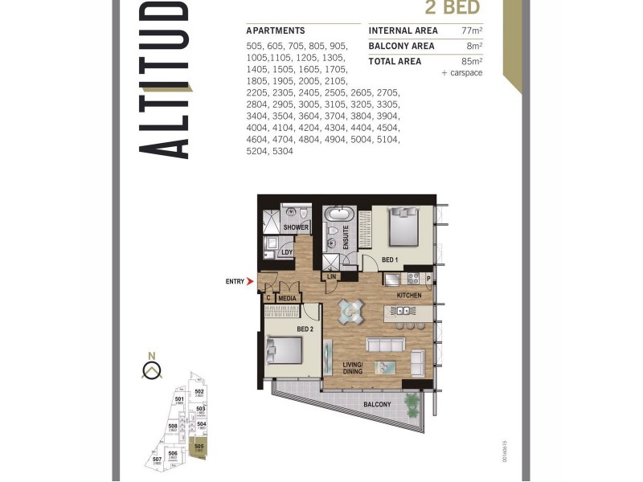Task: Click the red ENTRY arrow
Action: [x=250, y=282]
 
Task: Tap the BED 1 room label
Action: [x=390, y=260]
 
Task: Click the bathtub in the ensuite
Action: [x=338, y=215]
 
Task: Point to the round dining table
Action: [x=350, y=311]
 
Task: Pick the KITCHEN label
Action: [x=408, y=296]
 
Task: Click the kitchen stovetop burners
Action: [x=414, y=279]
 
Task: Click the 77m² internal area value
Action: [x=472, y=31]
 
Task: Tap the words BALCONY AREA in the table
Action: [x=401, y=46]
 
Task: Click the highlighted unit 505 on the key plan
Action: [x=199, y=447]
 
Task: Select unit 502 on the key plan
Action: [x=199, y=394]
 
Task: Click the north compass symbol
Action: [x=150, y=369]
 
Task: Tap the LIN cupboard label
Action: [x=331, y=277]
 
